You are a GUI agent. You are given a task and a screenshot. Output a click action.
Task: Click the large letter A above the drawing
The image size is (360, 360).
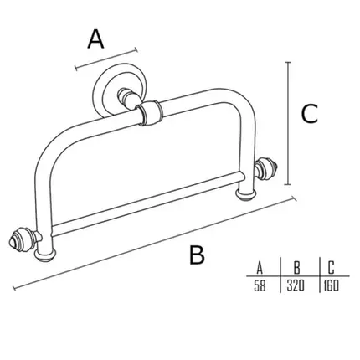click(x=95, y=39)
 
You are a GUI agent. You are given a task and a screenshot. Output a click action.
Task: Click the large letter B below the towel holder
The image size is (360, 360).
click(x=197, y=255)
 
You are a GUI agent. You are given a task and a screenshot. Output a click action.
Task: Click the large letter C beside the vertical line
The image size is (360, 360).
click(x=310, y=114)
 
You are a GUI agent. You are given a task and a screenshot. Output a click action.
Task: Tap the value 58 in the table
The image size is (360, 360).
click(x=260, y=285)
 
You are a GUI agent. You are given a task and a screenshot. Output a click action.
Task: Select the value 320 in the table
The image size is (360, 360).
click(x=296, y=285)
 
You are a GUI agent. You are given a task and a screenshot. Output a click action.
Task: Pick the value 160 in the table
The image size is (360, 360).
click(x=332, y=285)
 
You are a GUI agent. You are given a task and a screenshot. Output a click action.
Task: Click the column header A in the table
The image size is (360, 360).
click(x=260, y=268)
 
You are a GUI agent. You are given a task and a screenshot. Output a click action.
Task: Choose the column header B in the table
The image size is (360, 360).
click(x=297, y=268)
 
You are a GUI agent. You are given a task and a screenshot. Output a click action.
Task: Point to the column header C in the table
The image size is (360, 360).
click(x=331, y=268)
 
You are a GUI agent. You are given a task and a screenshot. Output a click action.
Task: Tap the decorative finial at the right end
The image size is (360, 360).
click(x=266, y=167)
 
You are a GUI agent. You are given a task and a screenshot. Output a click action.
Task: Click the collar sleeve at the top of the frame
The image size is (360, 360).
click(x=149, y=113)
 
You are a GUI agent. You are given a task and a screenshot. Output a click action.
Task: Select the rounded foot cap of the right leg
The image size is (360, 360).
click(x=247, y=194)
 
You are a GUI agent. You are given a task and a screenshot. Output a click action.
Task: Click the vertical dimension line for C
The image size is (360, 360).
click(x=288, y=123)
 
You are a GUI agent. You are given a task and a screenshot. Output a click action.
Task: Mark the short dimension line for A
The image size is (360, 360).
click(x=106, y=59)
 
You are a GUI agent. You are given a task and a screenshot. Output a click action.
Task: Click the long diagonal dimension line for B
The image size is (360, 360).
click(x=155, y=244)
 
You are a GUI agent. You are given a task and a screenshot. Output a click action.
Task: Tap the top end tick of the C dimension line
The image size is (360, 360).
click(x=288, y=62)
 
